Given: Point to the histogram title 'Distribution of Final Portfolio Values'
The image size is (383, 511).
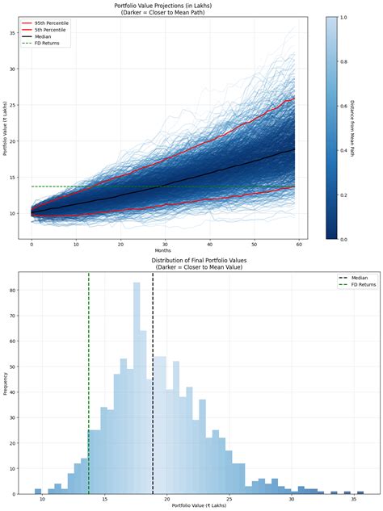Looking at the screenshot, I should click(x=191, y=261).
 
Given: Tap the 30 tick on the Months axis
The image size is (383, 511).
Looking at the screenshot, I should click(x=165, y=243).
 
